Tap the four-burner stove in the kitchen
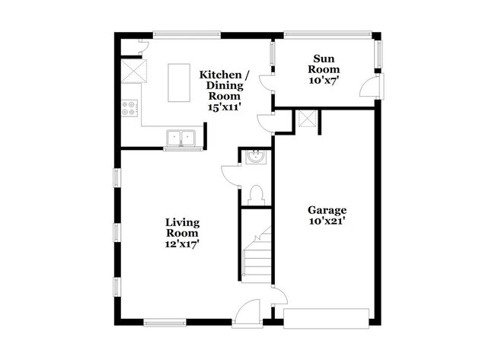pos(129,109)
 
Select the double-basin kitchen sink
pos(181,138)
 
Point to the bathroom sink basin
pos(255,158)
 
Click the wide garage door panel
pos(326,317)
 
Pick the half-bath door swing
pos(229,174)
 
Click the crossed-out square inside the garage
pos(307,118)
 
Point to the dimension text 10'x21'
pos(327,221)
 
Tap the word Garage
pos(327,210)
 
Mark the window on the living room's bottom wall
pos(165,322)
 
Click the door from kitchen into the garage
pos(265,122)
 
